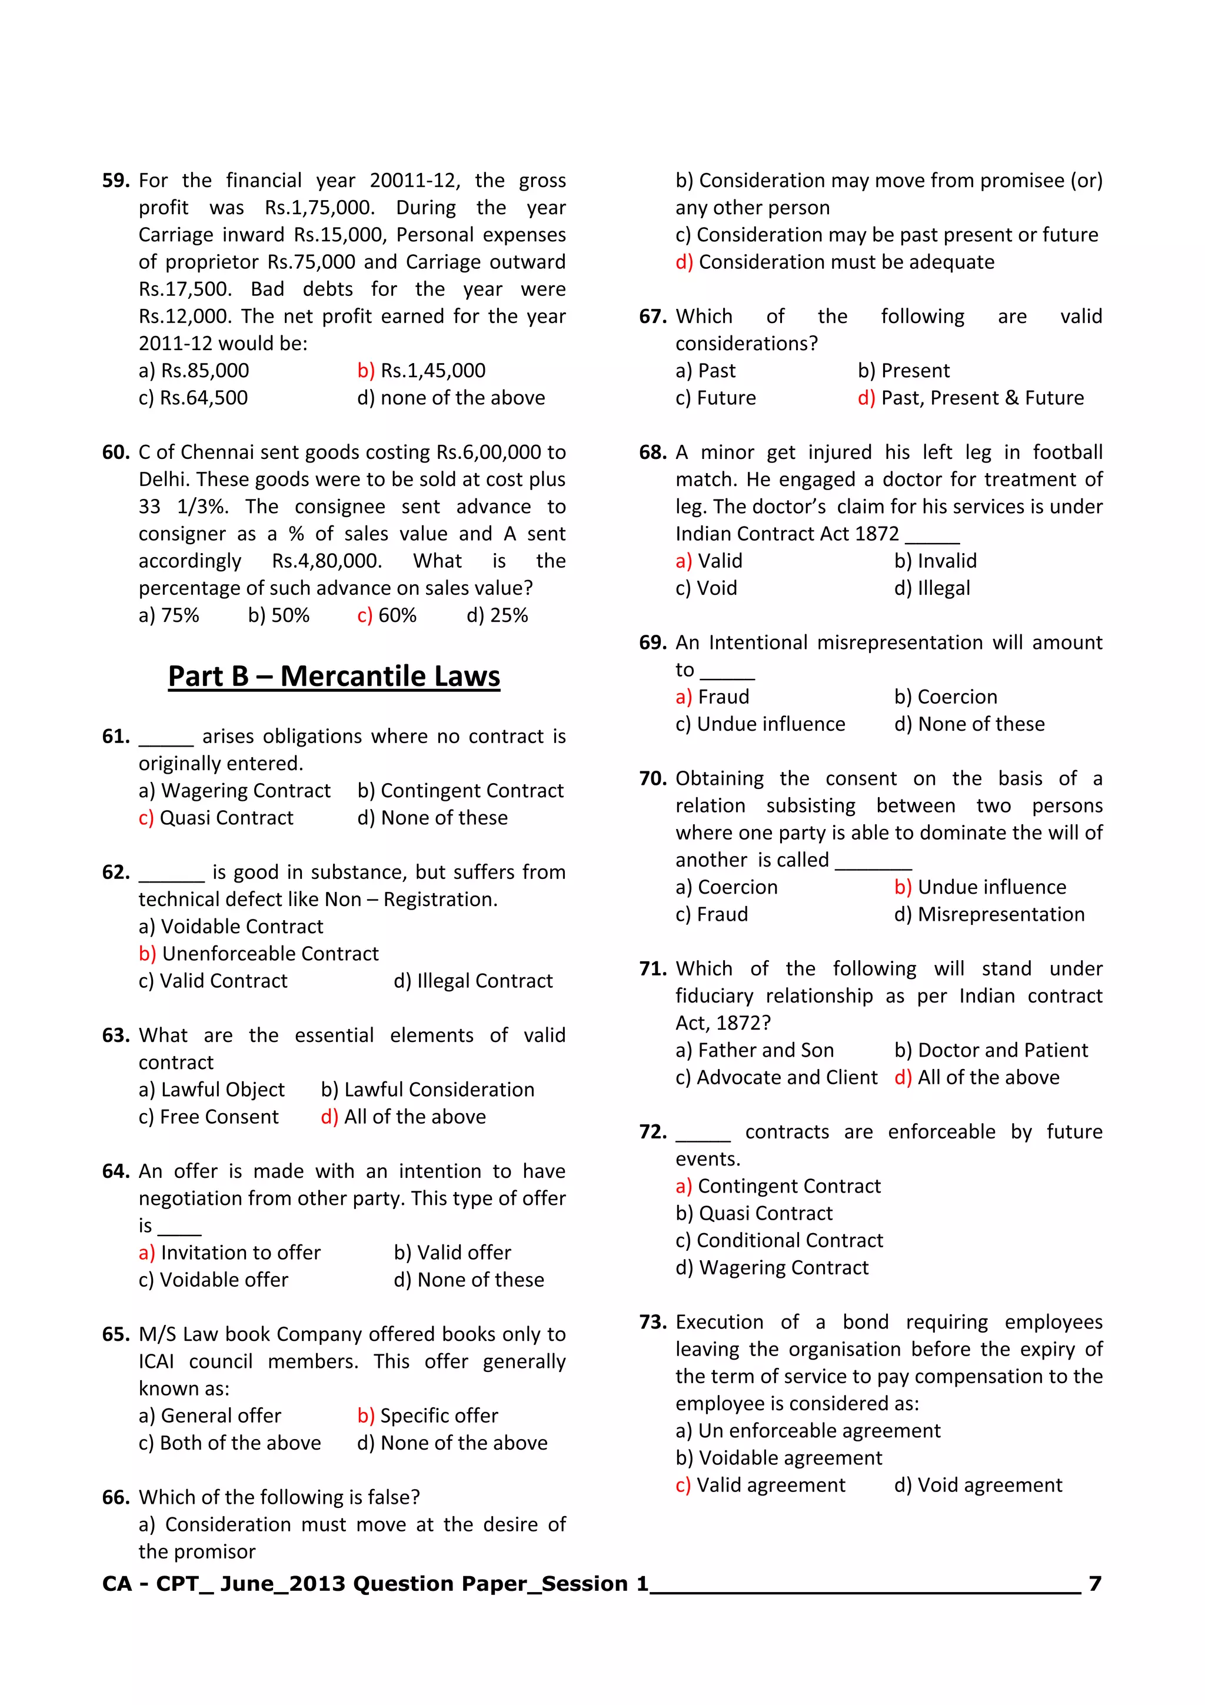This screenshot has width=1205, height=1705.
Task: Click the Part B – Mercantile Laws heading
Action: click(x=334, y=677)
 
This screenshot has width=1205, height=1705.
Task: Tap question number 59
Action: click(x=116, y=181)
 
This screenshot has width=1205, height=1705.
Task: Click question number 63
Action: click(x=116, y=1035)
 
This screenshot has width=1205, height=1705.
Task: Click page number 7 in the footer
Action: click(x=1094, y=1584)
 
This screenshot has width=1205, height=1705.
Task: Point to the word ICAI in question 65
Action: click(x=156, y=1361)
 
